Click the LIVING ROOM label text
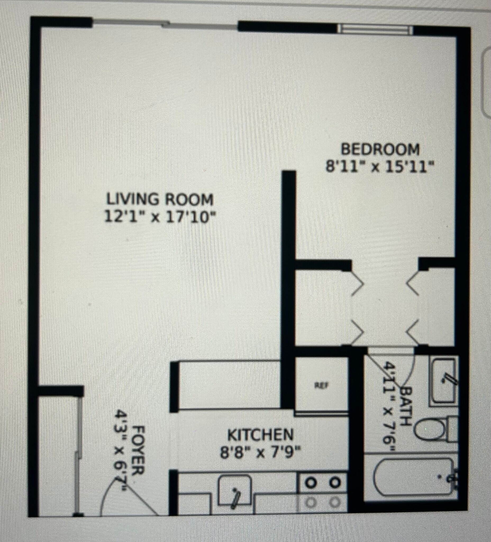(160, 200)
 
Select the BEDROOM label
(380, 150)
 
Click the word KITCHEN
(260, 435)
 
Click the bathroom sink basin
(443, 381)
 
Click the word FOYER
(139, 450)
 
